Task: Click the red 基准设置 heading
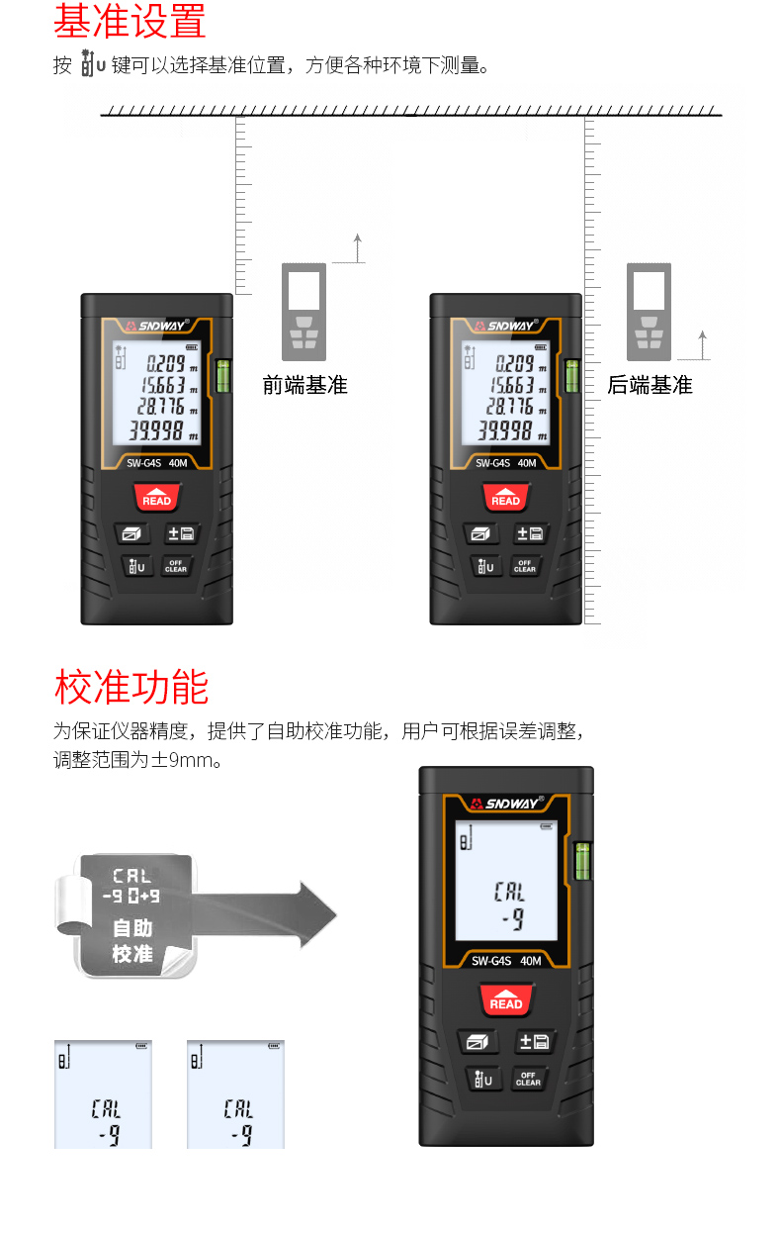pyautogui.click(x=130, y=21)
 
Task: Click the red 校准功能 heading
pyautogui.click(x=131, y=687)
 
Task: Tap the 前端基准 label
pyautogui.click(x=304, y=385)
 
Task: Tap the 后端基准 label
pyautogui.click(x=650, y=385)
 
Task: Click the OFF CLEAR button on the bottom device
pyautogui.click(x=528, y=1079)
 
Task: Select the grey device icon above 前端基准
pyautogui.click(x=304, y=312)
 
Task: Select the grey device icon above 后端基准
pyautogui.click(x=649, y=312)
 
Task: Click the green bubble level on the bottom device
pyautogui.click(x=582, y=861)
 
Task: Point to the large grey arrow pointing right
pyautogui.click(x=264, y=914)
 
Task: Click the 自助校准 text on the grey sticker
pyautogui.click(x=132, y=940)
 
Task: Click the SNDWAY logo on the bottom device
pyautogui.click(x=507, y=804)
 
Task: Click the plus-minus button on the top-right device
pyautogui.click(x=530, y=533)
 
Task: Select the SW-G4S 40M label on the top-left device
pyautogui.click(x=157, y=463)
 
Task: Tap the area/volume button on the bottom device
pyautogui.click(x=477, y=1041)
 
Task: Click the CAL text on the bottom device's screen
pyautogui.click(x=509, y=892)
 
